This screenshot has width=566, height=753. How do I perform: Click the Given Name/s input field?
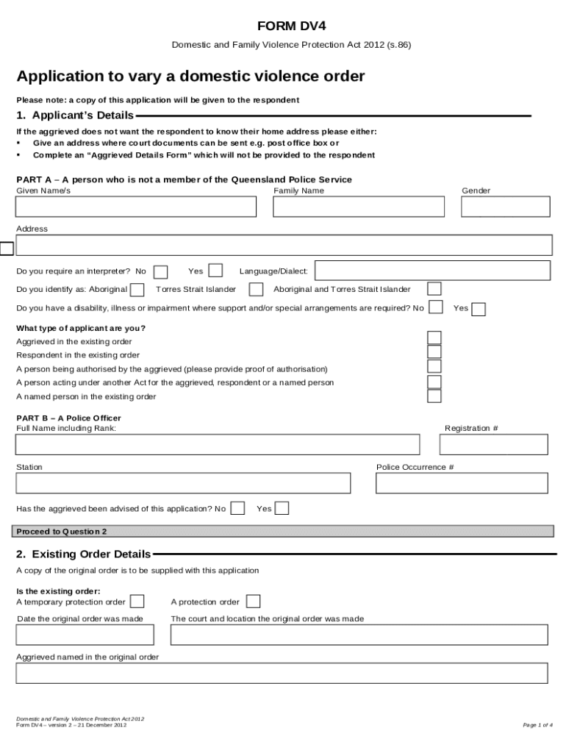point(136,207)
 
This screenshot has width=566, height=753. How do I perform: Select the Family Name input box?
point(358,207)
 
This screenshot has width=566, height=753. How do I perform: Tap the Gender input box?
point(505,207)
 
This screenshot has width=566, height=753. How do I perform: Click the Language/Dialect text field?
point(432,271)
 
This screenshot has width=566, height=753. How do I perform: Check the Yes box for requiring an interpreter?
point(215,271)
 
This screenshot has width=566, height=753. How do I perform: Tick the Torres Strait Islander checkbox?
point(256,289)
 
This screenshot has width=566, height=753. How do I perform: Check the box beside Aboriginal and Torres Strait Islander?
point(434,289)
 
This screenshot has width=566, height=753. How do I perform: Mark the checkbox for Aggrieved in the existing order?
point(434,338)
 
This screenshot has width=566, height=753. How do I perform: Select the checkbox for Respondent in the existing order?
point(434,352)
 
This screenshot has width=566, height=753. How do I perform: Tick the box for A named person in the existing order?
point(434,396)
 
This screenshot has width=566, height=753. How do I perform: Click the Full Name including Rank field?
point(218,445)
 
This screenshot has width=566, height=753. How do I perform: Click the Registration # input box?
point(493,445)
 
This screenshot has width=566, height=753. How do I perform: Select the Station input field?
point(183,483)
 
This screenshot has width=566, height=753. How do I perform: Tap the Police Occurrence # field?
point(461,483)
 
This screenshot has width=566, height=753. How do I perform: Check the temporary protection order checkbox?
point(137,602)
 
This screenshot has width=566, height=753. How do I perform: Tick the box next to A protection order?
point(253,602)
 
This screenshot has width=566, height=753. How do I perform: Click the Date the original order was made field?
point(85,635)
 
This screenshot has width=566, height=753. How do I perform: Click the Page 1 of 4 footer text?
point(537,725)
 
